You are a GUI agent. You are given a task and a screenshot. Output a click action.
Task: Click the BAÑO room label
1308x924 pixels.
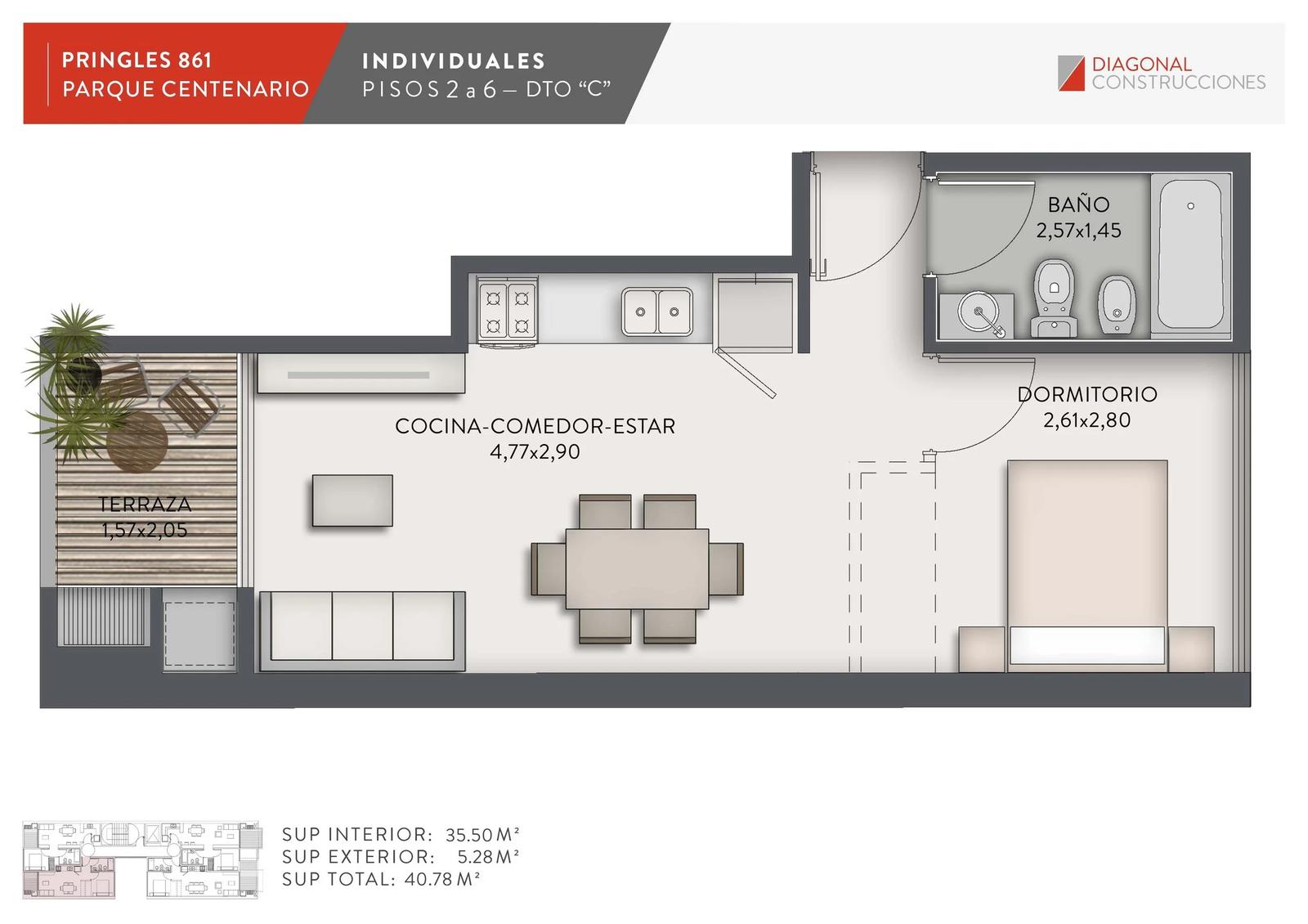pos(1078,204)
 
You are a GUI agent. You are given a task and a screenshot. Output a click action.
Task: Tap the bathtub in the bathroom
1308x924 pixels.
pos(1190,254)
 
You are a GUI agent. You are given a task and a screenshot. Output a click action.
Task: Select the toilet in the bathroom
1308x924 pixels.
pos(1054,298)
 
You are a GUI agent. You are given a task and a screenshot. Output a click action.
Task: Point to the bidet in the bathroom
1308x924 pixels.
pos(1117,304)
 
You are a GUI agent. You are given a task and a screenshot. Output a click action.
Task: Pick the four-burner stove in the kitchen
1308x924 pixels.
pos(507,312)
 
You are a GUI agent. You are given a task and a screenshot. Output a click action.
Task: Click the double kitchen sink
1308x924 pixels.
pos(657,312)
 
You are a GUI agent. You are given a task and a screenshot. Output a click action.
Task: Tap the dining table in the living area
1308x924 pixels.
pos(637,569)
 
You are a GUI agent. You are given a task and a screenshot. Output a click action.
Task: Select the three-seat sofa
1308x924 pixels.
pos(362,630)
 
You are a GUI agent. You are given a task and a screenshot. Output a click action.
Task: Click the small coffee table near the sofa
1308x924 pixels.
pos(352,500)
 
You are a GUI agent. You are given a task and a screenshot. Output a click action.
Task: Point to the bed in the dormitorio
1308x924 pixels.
pos(1086,565)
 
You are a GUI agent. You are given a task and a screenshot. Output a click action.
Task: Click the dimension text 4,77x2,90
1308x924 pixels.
pos(535,451)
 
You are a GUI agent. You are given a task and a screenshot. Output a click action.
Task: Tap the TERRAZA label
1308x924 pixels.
pos(144,504)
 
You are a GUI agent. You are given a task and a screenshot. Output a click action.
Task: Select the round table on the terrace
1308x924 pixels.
pos(137,442)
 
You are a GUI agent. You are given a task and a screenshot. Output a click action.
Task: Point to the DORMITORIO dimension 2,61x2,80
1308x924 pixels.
pos(1086,420)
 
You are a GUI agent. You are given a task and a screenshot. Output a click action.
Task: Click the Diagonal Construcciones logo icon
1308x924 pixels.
pos(1071,73)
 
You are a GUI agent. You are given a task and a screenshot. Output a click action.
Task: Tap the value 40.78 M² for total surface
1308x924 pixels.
pos(441,879)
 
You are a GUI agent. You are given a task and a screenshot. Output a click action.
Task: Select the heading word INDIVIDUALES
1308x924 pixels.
pos(454,61)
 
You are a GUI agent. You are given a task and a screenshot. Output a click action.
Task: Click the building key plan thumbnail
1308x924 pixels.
pos(141,859)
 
